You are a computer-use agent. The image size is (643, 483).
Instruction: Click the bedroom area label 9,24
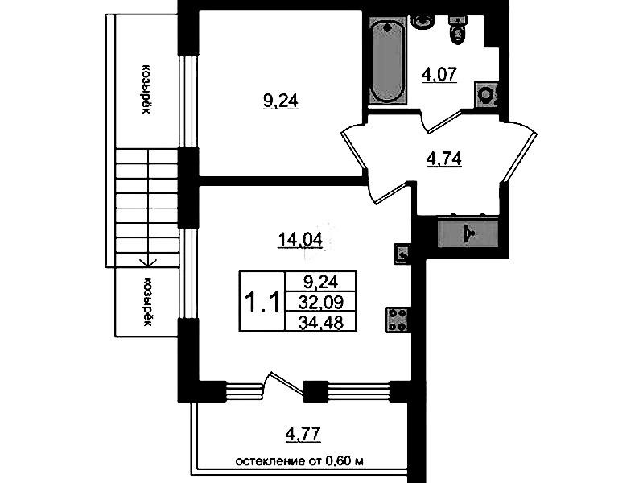pos(281,101)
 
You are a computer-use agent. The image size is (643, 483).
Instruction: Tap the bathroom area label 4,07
pos(439,74)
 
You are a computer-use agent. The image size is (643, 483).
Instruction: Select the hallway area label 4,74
pos(444,159)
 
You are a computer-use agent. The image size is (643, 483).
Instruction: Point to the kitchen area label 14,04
pos(300,239)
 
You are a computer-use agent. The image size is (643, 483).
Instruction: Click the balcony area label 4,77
pos(303,434)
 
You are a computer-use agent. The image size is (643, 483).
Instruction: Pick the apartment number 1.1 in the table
pos(262,302)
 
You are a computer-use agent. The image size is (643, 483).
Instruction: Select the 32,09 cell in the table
pos(320,303)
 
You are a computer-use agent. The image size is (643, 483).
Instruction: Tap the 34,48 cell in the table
pos(320,323)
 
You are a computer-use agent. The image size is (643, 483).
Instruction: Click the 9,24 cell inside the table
pos(320,282)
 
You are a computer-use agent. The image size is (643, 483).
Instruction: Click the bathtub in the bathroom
pos(388,60)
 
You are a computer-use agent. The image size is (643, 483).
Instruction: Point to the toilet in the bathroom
pos(457,30)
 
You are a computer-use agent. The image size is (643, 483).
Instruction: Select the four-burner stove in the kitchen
pos(397,320)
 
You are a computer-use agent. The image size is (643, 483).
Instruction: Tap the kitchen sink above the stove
pos(402,254)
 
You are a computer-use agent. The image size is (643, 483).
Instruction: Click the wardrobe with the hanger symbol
pos(468,234)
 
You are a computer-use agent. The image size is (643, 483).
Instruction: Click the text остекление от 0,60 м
pos(299,461)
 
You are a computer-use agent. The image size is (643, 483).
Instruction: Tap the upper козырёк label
pos(146,89)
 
